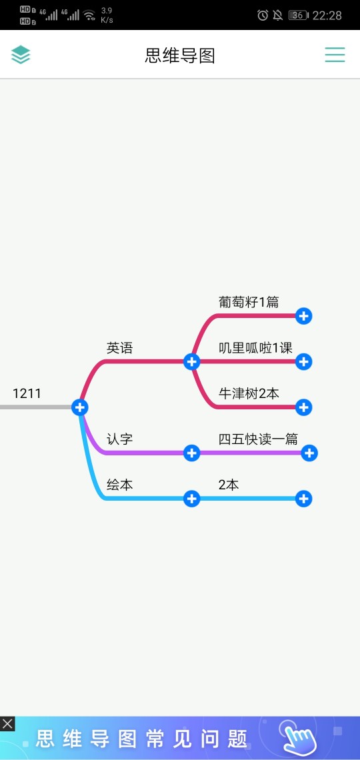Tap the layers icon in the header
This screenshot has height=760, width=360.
[21, 55]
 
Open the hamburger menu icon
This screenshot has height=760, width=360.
[335, 55]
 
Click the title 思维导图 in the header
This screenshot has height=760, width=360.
[180, 56]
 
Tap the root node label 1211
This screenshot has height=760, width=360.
[27, 393]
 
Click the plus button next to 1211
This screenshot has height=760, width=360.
[80, 407]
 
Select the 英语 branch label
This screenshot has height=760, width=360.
[120, 347]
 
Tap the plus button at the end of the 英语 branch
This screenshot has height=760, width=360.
[192, 361]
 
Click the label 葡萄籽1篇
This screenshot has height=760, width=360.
[249, 302]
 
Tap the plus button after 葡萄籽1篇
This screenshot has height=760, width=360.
[304, 316]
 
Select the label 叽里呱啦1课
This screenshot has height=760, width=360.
[255, 347]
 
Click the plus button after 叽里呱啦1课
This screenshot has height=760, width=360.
[304, 361]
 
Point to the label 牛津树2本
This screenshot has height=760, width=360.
[249, 393]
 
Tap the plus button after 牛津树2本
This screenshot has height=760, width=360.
[304, 407]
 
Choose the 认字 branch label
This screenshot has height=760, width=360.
[120, 439]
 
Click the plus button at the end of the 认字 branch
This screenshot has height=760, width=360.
[192, 453]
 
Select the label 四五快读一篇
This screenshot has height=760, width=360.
[258, 439]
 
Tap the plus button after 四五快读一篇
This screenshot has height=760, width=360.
[309, 453]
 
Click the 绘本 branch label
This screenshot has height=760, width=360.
[120, 485]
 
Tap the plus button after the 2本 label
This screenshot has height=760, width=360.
[304, 499]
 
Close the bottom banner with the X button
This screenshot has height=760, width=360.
[7, 724]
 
